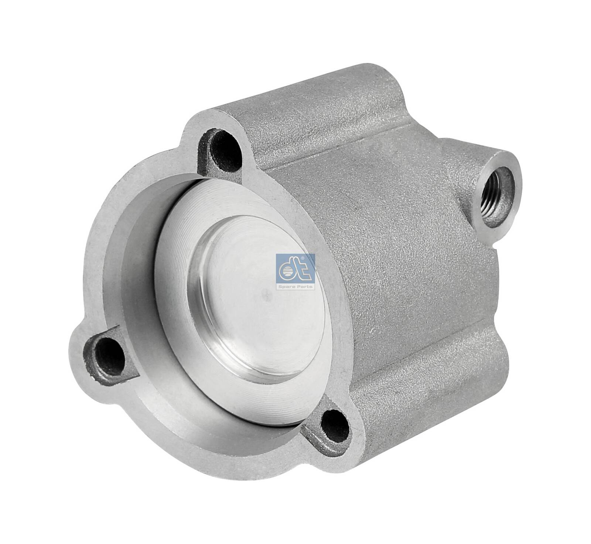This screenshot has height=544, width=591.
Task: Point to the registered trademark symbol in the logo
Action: click(302, 258)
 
